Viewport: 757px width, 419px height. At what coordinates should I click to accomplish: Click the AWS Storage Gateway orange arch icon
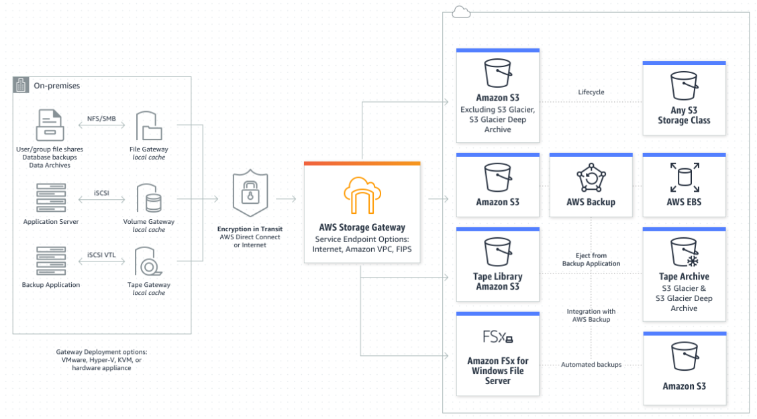[x=362, y=195]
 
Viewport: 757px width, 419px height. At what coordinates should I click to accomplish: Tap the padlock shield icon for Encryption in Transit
[x=250, y=193]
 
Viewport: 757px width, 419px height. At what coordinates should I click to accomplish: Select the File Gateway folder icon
[x=149, y=126]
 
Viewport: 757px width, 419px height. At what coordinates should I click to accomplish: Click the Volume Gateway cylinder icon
[x=149, y=198]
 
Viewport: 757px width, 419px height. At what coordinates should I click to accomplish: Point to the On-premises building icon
[x=21, y=85]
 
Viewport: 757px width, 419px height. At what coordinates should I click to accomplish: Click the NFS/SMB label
[x=101, y=119]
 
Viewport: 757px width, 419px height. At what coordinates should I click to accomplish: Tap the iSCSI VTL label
[x=101, y=255]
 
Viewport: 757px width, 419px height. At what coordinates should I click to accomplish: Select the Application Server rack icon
[x=51, y=198]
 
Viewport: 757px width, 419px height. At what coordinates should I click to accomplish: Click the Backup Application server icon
[x=51, y=261]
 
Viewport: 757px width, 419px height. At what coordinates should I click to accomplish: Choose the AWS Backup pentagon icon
[x=591, y=178]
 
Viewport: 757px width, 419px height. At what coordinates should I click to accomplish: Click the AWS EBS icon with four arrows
[x=685, y=178]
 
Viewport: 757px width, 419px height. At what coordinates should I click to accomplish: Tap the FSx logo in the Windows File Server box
[x=498, y=337]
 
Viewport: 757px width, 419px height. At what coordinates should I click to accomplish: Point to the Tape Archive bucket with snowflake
[x=685, y=252]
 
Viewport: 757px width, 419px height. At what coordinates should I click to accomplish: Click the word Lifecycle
[x=591, y=92]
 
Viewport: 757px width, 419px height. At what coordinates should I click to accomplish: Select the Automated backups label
[x=591, y=365]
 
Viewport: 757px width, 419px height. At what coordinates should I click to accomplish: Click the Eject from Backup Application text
[x=591, y=259]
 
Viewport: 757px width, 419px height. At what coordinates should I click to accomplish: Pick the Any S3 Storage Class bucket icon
[x=684, y=86]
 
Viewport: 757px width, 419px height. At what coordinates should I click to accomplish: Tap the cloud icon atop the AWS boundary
[x=461, y=12]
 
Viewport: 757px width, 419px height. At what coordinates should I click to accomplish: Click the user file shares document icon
[x=50, y=125]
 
